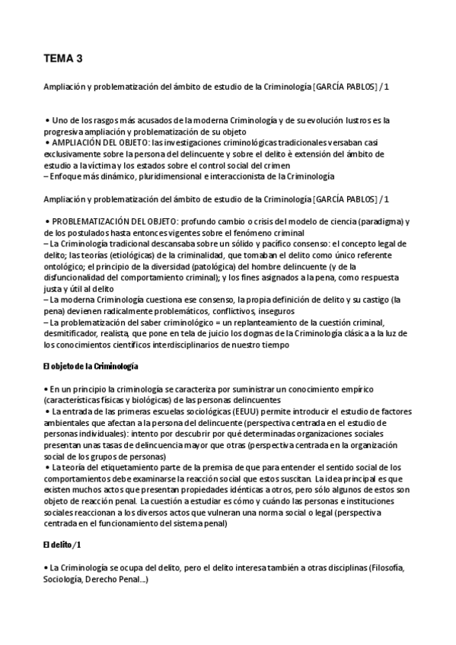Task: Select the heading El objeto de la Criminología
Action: tap(91, 367)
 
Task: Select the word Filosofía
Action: tap(386, 568)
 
